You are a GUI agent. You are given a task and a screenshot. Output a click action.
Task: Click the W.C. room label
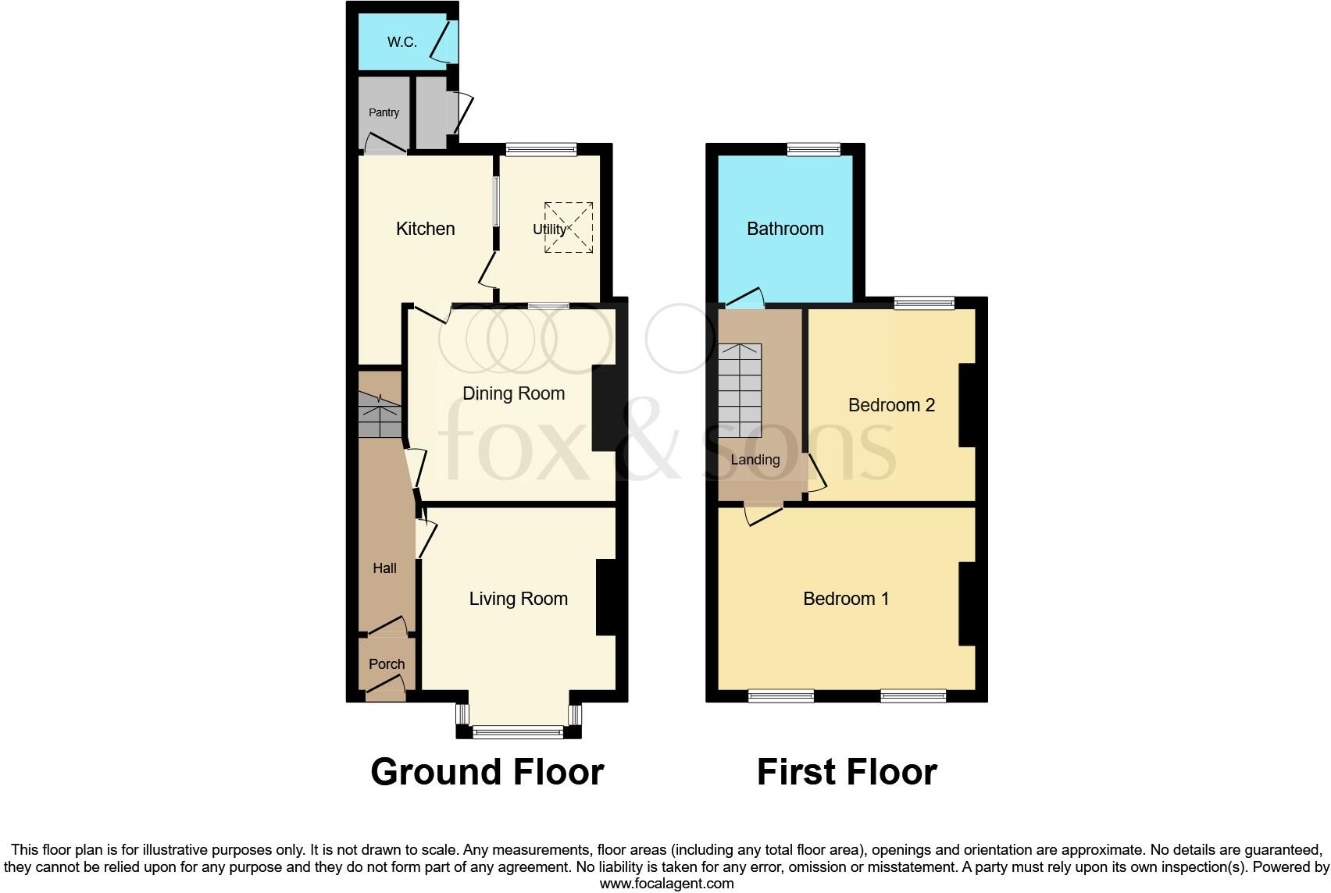(401, 42)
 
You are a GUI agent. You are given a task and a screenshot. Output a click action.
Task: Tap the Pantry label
(384, 112)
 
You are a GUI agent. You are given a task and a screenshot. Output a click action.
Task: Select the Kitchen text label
(425, 229)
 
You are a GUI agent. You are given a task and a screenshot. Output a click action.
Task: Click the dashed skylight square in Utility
(569, 227)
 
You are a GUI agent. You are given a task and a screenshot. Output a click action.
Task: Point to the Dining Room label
(513, 393)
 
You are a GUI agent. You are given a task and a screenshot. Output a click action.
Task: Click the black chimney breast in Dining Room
(608, 407)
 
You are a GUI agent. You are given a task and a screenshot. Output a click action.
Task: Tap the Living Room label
(518, 599)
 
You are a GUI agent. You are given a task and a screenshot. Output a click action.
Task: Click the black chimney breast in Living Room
(610, 597)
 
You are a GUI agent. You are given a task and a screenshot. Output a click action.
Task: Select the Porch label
(387, 664)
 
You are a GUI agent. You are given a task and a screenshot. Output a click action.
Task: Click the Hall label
(384, 568)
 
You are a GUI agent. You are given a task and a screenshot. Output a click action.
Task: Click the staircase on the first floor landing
(740, 385)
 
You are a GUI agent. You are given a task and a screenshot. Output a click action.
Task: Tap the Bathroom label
(785, 229)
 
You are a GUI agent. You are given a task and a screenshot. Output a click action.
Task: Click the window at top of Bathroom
(813, 149)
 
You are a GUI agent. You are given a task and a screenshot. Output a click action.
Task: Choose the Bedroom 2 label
(891, 405)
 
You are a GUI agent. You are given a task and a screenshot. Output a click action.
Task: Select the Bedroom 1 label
(846, 599)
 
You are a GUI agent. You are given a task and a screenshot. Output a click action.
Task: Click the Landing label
(755, 460)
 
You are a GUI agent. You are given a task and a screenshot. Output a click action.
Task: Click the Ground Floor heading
(487, 772)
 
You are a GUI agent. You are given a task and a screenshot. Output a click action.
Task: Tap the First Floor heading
(847, 772)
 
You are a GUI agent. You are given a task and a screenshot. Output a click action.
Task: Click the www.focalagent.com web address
(666, 884)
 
